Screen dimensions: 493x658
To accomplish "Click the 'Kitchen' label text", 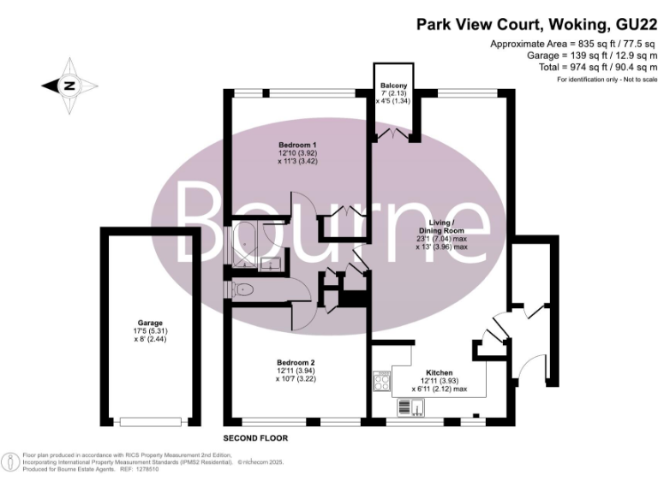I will tap(440, 372).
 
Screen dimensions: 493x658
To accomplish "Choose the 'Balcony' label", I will tap(394, 86).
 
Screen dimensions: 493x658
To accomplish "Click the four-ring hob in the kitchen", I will tap(381, 382).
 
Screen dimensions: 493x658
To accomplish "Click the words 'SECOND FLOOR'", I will tap(255, 437).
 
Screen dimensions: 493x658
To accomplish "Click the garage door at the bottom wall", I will tap(151, 420).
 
